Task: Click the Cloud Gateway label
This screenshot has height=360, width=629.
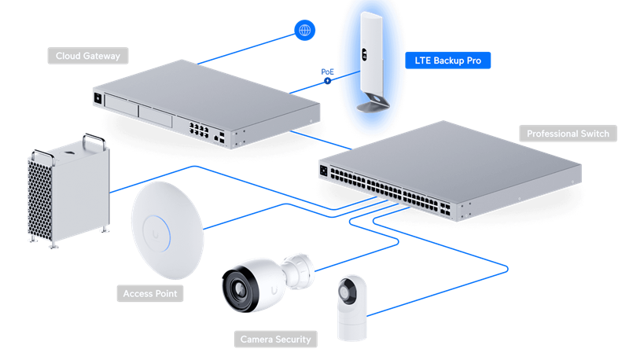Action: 87,56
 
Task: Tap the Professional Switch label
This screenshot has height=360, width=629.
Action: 568,134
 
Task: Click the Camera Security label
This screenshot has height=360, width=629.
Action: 274,340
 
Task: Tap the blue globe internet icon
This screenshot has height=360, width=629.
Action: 303,31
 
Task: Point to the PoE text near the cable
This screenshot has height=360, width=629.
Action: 328,72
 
